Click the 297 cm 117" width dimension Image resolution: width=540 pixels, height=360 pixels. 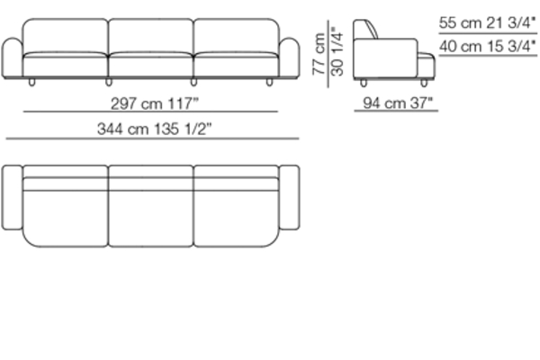[155, 103]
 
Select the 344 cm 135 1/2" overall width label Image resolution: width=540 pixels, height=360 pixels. [154, 130]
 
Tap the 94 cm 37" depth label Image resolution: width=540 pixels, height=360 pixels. [398, 103]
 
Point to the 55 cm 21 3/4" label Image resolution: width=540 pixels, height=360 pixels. [487, 22]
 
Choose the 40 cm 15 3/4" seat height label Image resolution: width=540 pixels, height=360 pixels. [487, 46]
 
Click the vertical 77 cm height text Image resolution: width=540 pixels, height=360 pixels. [319, 54]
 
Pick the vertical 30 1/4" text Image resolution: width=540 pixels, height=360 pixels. [337, 51]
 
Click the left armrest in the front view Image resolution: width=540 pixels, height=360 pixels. [13, 58]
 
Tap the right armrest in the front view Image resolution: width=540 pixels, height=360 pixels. [289, 58]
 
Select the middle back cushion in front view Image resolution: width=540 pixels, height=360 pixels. [151, 36]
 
